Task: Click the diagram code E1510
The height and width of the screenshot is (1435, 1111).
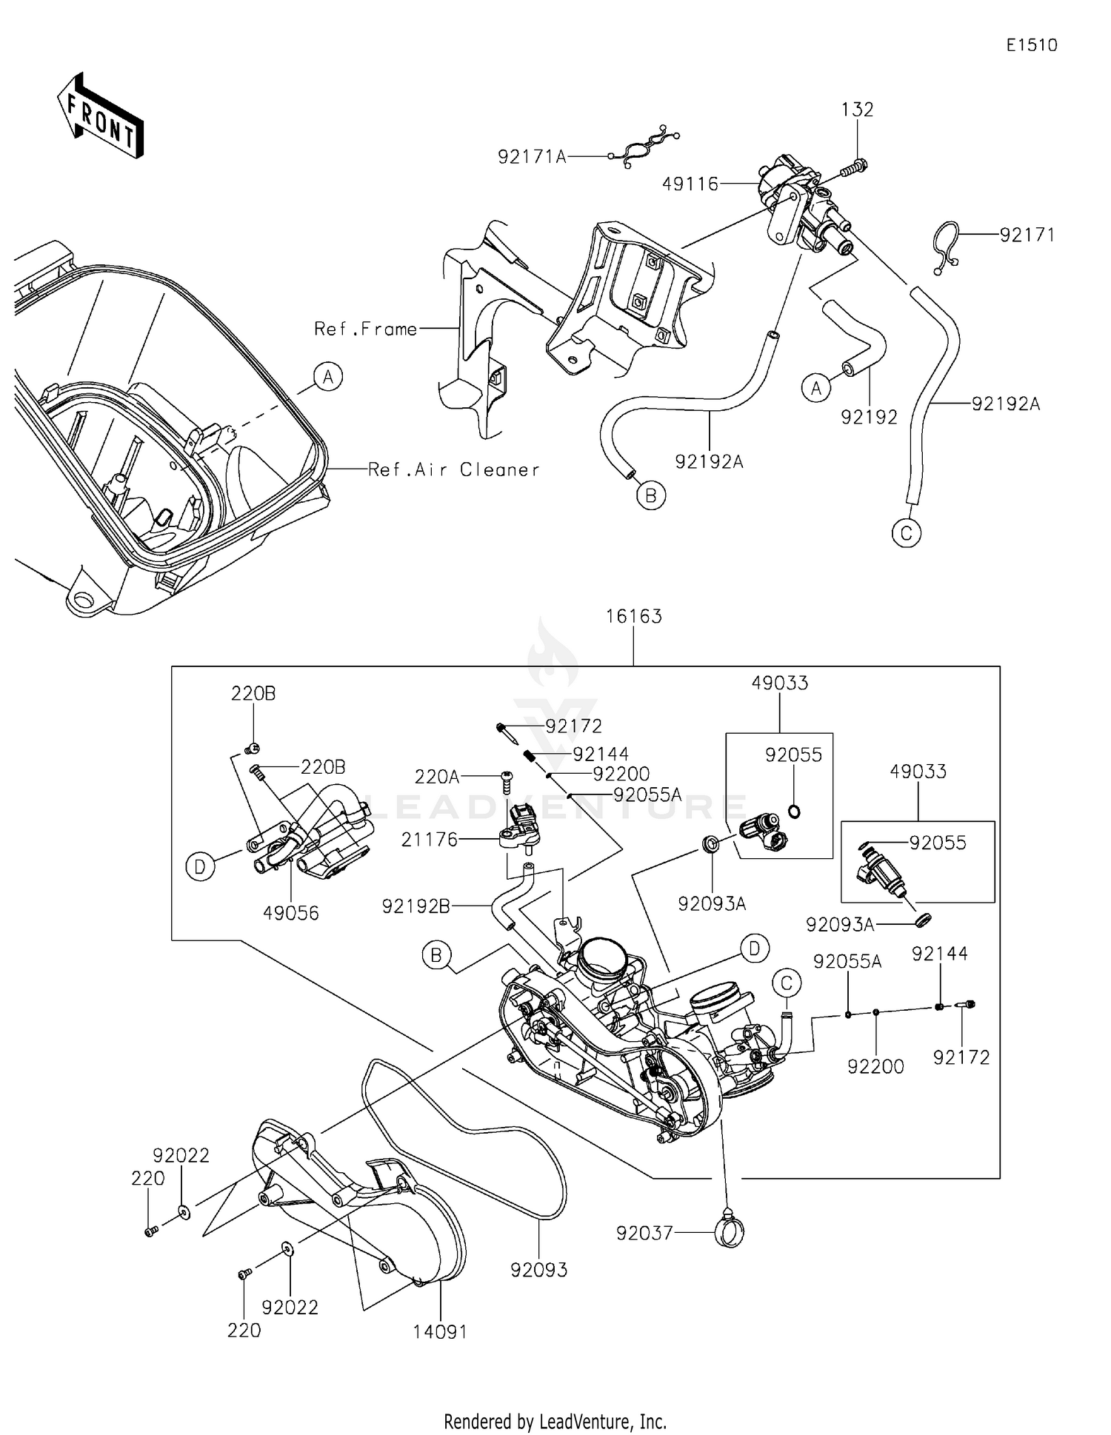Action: (1031, 45)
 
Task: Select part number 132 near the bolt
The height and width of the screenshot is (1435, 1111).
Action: (857, 110)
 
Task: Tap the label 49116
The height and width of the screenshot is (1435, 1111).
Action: (690, 184)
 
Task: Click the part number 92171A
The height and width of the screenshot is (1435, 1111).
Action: (532, 157)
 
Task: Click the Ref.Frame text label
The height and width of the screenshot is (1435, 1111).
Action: (365, 329)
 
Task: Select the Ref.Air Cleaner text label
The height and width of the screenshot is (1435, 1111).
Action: (454, 469)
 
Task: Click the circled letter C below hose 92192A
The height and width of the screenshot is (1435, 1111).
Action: (907, 533)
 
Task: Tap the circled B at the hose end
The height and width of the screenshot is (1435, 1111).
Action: (651, 495)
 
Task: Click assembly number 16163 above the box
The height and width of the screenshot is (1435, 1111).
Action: (633, 616)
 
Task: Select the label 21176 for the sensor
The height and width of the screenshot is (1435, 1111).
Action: (430, 840)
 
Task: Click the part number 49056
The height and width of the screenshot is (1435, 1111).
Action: (291, 913)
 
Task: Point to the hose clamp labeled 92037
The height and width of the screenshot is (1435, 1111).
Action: (730, 1232)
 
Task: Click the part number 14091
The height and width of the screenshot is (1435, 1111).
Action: (440, 1331)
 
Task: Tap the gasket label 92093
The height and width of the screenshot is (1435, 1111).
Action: (538, 1270)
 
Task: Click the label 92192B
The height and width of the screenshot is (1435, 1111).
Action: (416, 906)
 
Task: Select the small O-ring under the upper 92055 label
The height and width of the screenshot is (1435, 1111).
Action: (793, 812)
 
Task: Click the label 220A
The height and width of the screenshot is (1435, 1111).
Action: (437, 777)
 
